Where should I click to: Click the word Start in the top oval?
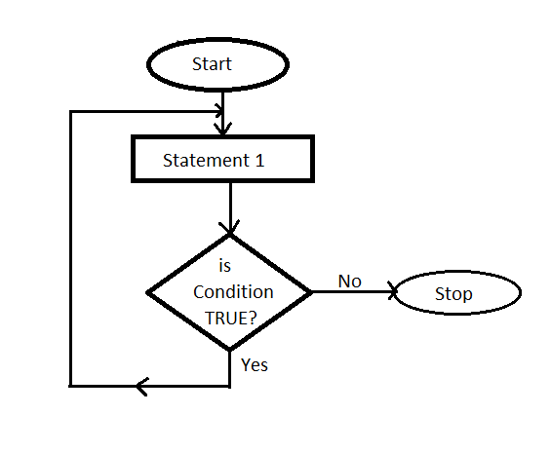pos(212,64)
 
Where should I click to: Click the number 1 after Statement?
pos(259,161)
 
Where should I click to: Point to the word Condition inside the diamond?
pos(233,292)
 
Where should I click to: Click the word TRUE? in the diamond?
pos(231,318)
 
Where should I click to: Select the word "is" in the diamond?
pos(225,266)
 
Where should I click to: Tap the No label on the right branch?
pos(350,282)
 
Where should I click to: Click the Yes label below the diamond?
pos(255,364)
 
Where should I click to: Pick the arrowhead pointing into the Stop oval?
pos(392,291)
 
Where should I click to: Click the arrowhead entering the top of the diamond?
pos(229,227)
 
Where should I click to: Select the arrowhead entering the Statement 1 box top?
pos(222,129)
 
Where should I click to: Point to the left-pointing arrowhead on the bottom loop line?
pos(142,387)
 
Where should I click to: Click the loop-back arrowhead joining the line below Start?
pos(219,111)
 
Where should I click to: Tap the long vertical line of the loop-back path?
pos(71,248)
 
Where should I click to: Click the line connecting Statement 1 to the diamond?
pos(230,207)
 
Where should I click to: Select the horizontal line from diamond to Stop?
pos(353,291)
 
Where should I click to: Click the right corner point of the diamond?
pos(312,291)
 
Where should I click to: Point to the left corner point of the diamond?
pos(147,292)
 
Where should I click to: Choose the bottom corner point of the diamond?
pos(230,350)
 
